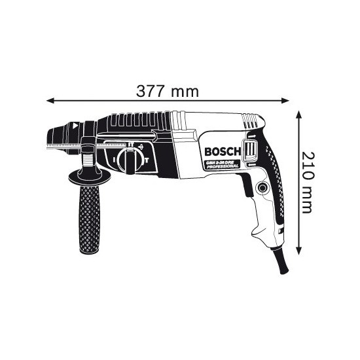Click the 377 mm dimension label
point(167,91)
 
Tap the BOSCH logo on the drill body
point(222,152)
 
